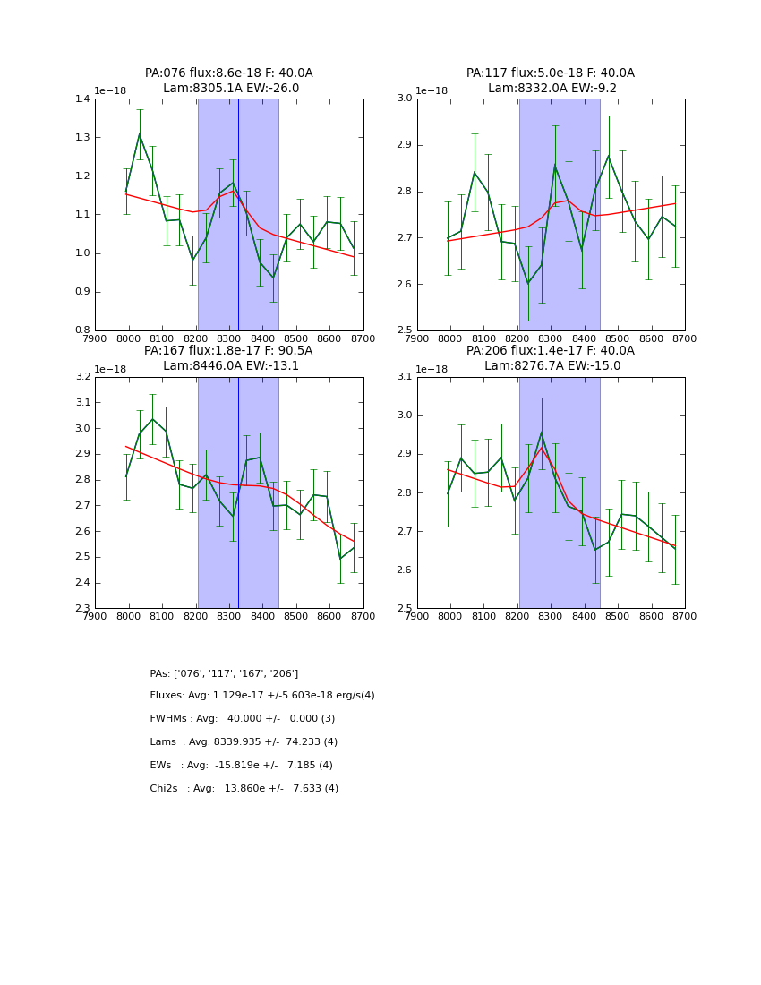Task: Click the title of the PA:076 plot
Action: pos(229,73)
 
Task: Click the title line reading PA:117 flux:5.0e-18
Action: pos(550,73)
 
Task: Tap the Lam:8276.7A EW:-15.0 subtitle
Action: pos(550,365)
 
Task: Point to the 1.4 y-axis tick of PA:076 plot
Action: pos(81,99)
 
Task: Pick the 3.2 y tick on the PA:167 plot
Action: pos(81,377)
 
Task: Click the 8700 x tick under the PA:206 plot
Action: pos(685,615)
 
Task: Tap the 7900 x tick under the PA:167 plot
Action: pos(96,615)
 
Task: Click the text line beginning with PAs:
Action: pos(224,673)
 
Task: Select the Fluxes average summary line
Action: pos(262,696)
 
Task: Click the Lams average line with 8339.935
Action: pos(244,742)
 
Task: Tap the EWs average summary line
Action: pos(241,766)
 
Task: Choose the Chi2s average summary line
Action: pos(244,789)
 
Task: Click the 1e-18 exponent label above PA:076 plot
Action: pos(111,90)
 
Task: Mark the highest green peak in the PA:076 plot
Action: pos(139,134)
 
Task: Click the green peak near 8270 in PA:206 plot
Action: pos(541,433)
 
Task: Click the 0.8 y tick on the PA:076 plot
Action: pos(81,330)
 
